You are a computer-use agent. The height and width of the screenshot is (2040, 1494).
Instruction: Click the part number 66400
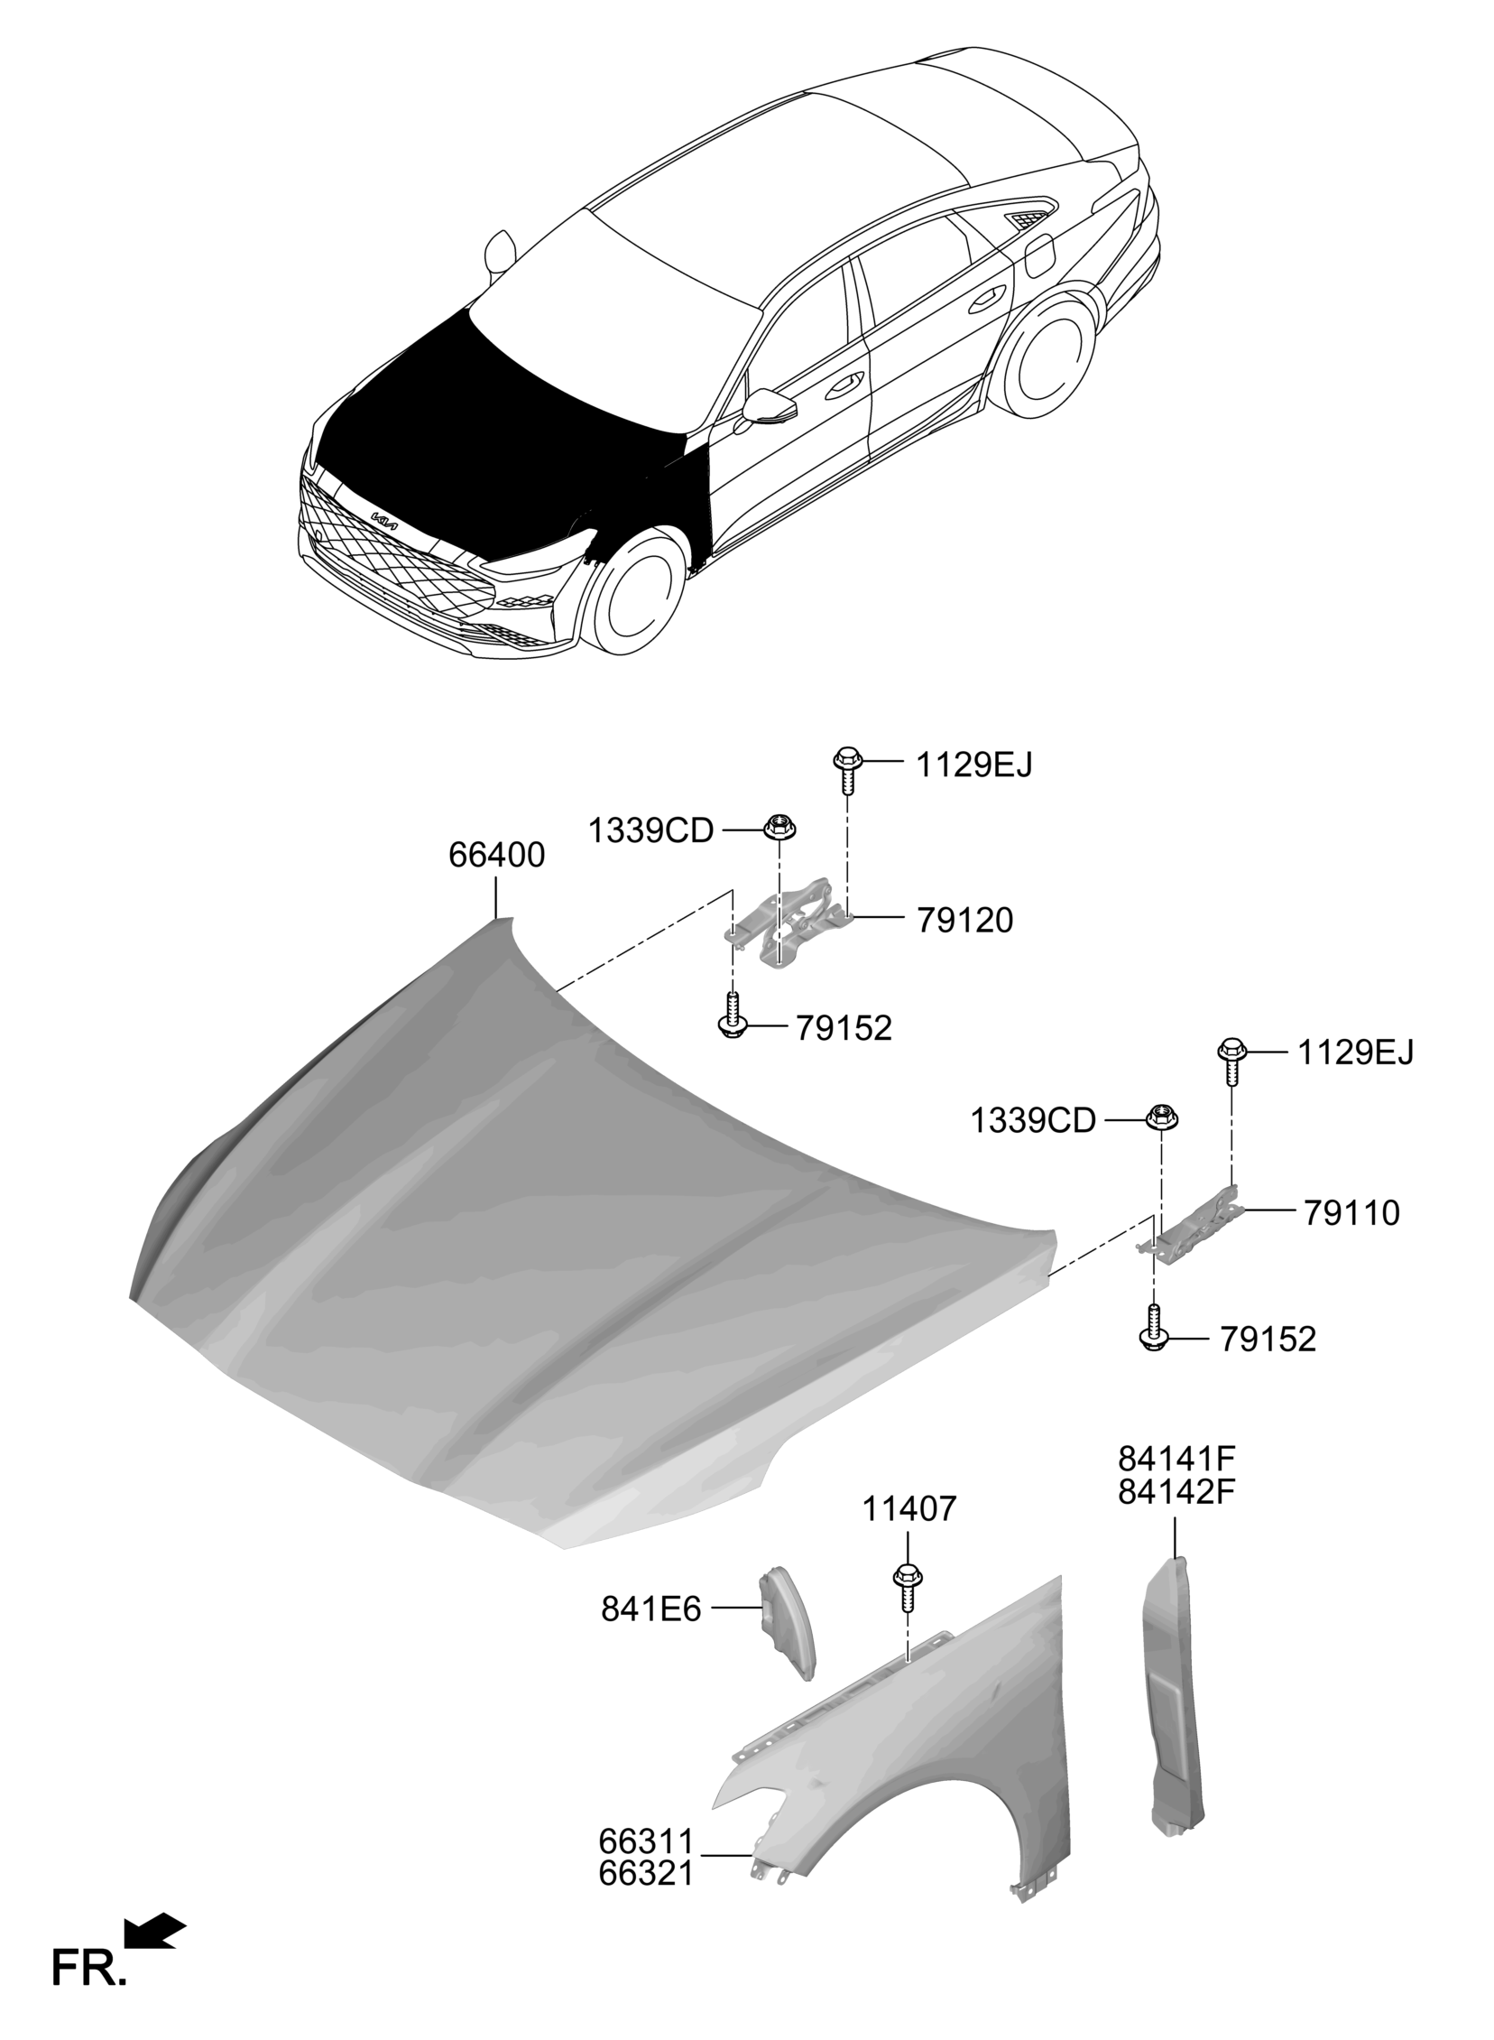[496, 855]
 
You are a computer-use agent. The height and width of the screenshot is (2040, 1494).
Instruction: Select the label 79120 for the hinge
[964, 921]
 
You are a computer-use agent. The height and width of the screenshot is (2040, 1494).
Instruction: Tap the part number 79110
[1351, 1213]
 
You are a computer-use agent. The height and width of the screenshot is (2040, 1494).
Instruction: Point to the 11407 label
[908, 1509]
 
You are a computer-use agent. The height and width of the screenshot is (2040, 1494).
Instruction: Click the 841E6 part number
[651, 1609]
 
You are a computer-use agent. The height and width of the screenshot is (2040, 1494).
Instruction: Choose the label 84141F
[1176, 1459]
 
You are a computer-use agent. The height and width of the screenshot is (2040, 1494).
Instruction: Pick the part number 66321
[646, 1873]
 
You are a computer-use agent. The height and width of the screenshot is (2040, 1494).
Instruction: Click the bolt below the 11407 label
[906, 1589]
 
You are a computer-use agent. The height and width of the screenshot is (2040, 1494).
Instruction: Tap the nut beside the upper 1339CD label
[777, 826]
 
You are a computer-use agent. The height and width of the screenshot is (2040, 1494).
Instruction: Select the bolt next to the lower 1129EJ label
[1231, 1062]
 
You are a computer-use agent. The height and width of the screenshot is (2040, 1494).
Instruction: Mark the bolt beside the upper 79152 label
[732, 1015]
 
